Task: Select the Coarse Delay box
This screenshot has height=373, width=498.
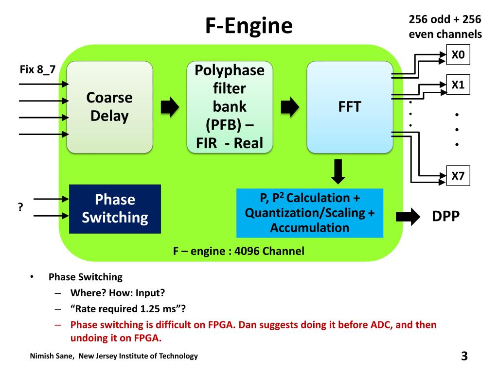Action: (109, 107)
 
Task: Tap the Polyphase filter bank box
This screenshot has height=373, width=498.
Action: (230, 107)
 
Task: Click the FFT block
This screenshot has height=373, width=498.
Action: (350, 107)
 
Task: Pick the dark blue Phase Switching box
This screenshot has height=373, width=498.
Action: (115, 208)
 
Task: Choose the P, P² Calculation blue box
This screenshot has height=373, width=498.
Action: (310, 212)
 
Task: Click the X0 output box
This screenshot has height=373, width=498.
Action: (458, 55)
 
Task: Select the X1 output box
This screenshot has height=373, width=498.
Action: (458, 85)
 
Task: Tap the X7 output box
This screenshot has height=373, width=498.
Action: (458, 176)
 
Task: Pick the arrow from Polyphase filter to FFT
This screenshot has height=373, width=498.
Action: (290, 107)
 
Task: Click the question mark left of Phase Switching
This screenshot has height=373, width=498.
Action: (21, 207)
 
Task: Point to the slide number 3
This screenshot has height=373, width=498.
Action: (464, 356)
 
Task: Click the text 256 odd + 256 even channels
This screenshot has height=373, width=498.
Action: (445, 27)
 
